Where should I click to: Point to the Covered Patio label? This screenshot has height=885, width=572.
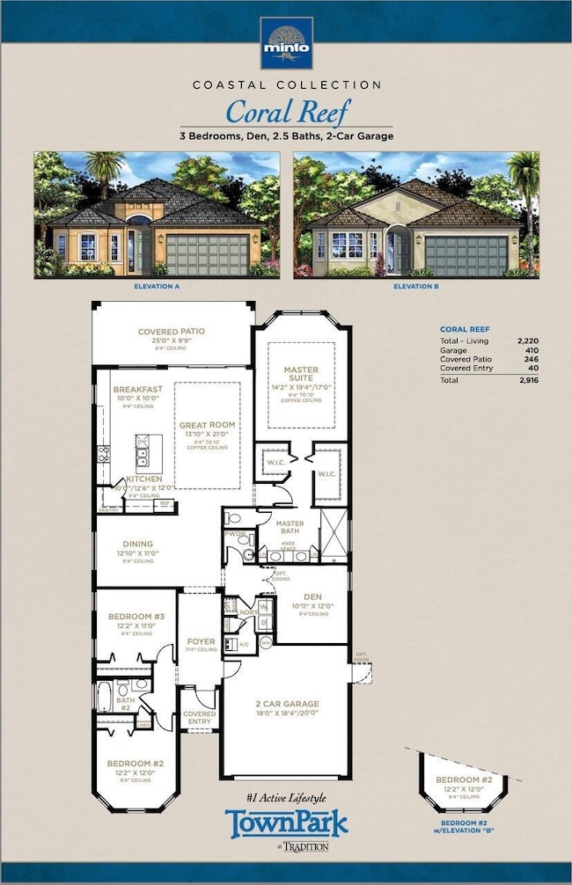click(172, 332)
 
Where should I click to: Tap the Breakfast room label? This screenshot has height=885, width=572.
click(137, 389)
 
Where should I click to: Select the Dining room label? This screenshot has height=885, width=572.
click(138, 544)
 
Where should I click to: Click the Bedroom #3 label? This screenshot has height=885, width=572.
click(136, 617)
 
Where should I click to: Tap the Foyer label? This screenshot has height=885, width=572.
click(202, 641)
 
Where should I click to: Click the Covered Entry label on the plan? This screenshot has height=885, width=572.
click(200, 717)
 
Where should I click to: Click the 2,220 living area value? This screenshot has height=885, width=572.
click(528, 340)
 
